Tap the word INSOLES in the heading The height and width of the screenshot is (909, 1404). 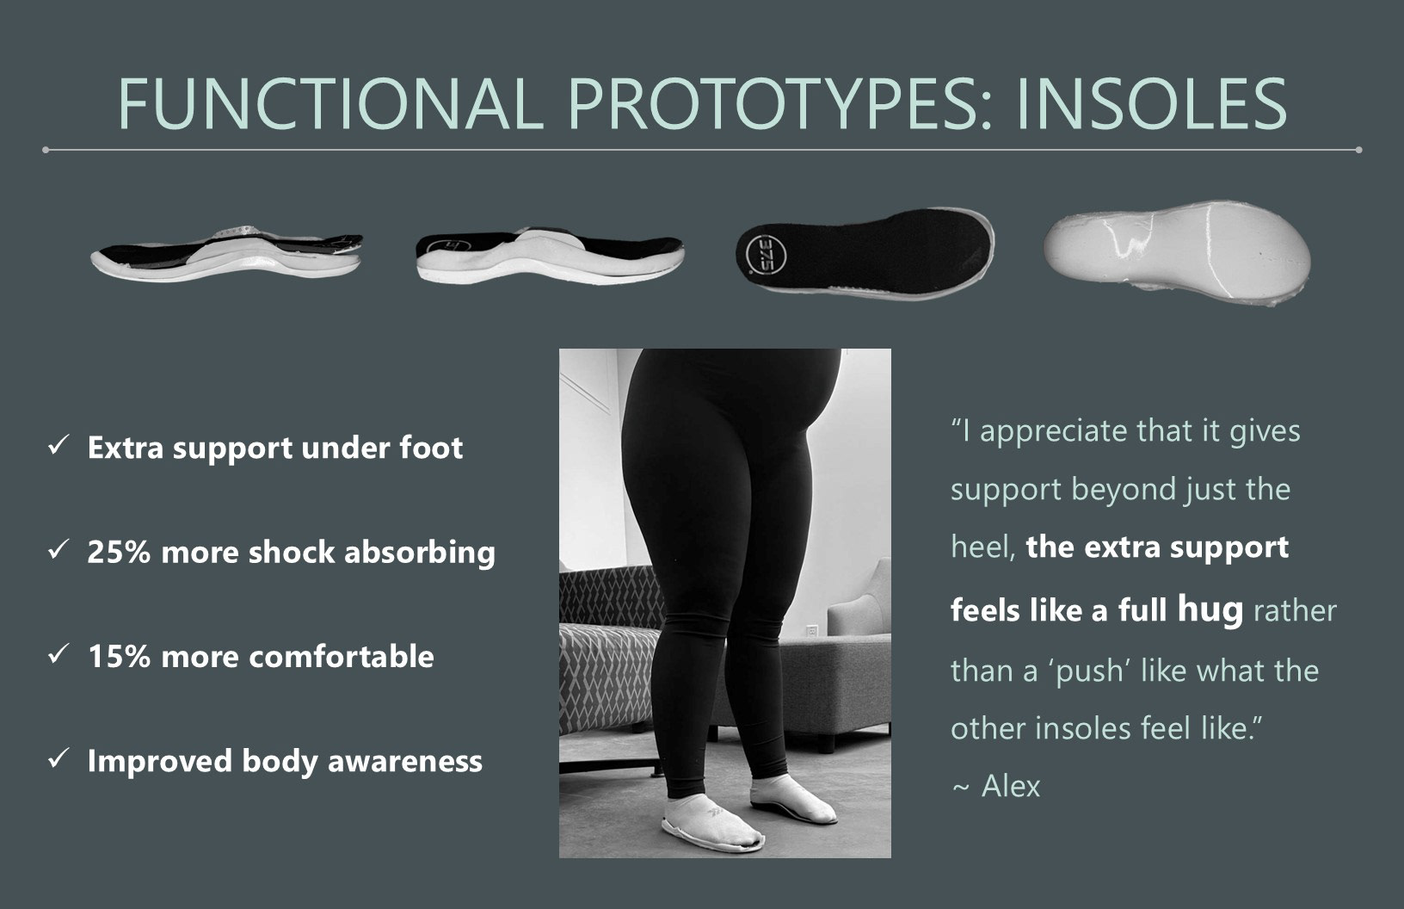click(1152, 103)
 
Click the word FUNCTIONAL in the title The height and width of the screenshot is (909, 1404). click(331, 103)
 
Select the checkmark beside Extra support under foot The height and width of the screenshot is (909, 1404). click(58, 446)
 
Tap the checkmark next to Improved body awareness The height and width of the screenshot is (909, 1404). click(58, 759)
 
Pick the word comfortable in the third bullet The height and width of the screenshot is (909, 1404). click(342, 657)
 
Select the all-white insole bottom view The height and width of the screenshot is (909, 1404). click(1177, 252)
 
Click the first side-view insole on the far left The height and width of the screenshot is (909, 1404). click(227, 253)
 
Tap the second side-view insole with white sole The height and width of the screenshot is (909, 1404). click(550, 256)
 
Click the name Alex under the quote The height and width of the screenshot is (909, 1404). click(1010, 786)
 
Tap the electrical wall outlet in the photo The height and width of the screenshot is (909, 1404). click(811, 630)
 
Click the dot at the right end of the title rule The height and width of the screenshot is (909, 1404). click(1358, 150)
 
